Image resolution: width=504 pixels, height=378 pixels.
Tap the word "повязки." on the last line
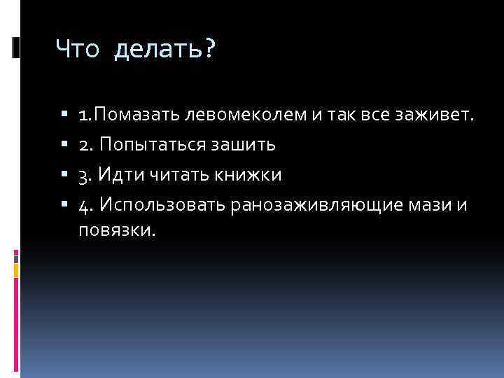115,230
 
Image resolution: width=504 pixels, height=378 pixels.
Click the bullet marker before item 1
64,114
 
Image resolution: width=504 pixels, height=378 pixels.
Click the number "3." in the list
86,175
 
